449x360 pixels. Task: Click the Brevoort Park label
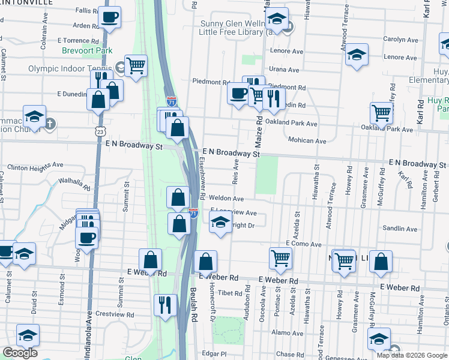(x=86, y=51)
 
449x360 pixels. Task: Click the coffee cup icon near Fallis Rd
(x=109, y=17)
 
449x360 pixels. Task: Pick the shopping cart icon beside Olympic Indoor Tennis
(x=136, y=65)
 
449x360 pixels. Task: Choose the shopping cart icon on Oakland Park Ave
(x=382, y=112)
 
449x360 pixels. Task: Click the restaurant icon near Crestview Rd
(x=165, y=304)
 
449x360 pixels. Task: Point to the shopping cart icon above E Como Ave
(x=280, y=258)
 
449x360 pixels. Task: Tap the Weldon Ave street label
(x=226, y=199)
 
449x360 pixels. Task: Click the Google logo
(x=20, y=352)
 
